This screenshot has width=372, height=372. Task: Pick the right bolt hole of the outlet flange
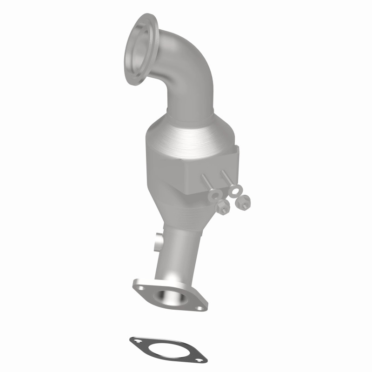click(x=199, y=307)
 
